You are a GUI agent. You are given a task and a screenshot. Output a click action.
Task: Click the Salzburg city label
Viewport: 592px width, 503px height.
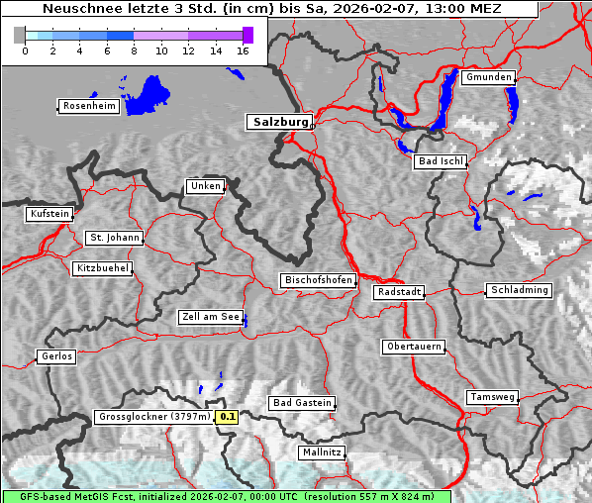coord(279,122)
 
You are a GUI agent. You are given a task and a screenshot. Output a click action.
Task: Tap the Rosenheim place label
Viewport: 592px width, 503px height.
coord(89,106)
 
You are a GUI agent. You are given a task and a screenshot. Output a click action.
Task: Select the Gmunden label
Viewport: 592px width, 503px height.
coord(488,77)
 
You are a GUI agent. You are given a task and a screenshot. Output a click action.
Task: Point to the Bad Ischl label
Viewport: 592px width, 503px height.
coord(441,161)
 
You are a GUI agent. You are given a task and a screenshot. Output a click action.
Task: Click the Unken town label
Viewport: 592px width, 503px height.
coord(204,186)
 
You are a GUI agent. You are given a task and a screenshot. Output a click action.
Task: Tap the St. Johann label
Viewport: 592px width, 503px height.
coord(114,238)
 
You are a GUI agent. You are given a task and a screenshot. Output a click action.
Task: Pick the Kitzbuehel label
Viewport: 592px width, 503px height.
coord(102,268)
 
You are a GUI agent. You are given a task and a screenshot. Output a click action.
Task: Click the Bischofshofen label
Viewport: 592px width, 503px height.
coord(318,281)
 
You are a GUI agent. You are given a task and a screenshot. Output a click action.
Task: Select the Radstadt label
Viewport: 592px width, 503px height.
coord(399,292)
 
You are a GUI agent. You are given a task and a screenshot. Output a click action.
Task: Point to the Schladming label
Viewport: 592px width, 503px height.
coord(519,290)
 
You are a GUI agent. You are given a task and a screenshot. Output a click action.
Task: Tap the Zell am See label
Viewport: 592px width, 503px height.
coord(211,317)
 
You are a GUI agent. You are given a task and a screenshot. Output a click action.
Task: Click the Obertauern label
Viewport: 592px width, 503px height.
coord(413,347)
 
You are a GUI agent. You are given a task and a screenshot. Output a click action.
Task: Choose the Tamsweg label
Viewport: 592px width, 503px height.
coord(492,397)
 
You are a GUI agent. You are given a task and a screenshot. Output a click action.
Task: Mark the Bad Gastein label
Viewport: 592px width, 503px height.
coord(302,403)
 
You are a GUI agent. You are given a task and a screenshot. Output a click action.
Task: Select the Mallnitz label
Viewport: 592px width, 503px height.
coord(322,453)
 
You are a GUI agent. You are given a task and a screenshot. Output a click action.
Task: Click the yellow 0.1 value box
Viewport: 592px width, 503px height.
coord(228,417)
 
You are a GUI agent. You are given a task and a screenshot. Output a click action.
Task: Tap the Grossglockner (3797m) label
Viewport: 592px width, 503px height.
coord(154,417)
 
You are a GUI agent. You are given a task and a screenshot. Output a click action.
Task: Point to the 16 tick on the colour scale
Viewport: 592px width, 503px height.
coord(242,49)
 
